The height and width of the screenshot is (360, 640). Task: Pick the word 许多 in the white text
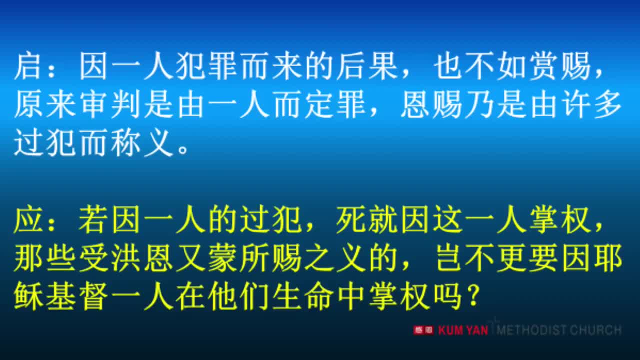[x=592, y=106]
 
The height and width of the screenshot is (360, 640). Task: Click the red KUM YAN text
[x=463, y=330]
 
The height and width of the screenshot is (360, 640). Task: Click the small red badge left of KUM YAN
[x=423, y=330]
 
